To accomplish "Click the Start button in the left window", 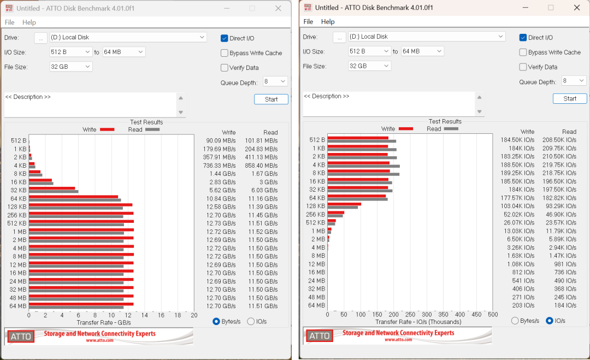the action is click(x=271, y=99).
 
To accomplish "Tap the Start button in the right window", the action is click(x=570, y=98).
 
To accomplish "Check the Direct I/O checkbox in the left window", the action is click(x=225, y=38).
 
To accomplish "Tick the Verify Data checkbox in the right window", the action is click(x=523, y=67).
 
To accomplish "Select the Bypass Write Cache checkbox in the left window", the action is click(x=225, y=53).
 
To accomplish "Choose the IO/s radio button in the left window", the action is click(x=251, y=322).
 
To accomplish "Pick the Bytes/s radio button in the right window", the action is click(x=515, y=321).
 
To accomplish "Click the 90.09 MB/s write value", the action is click(x=221, y=141).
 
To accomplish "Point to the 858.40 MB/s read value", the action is click(x=261, y=166).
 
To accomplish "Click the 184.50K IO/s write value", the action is click(x=517, y=140).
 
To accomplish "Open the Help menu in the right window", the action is click(x=328, y=22).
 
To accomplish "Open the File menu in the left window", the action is click(x=9, y=22).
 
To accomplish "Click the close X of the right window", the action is click(x=577, y=8).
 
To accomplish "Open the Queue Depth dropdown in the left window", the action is click(x=275, y=81).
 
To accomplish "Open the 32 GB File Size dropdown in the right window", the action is click(x=370, y=66).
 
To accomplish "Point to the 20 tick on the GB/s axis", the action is click(x=194, y=315).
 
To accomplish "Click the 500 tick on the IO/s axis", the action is click(x=493, y=315).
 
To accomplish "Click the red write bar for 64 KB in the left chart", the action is click(x=73, y=197).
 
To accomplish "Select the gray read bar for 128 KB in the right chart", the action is click(x=343, y=207).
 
